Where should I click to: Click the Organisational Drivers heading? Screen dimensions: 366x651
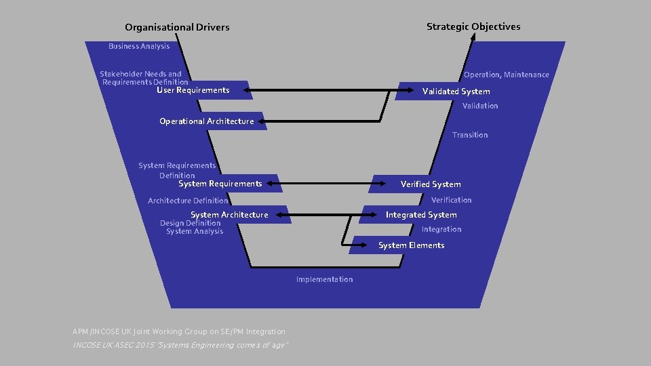click(x=177, y=27)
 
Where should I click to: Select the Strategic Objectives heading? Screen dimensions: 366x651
click(x=473, y=26)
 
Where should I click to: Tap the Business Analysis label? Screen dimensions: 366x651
click(x=139, y=46)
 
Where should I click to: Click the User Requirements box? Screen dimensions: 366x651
click(x=193, y=90)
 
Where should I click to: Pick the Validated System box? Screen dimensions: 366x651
click(x=456, y=91)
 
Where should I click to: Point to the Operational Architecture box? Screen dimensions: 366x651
click(x=207, y=121)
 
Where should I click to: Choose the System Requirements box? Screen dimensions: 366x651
click(x=220, y=184)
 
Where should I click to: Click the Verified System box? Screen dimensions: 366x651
click(x=430, y=184)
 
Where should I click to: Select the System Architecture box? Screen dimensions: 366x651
click(x=229, y=215)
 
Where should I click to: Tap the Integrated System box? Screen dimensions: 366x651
click(x=421, y=215)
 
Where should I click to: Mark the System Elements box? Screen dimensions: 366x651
click(x=411, y=245)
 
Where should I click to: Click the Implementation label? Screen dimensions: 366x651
click(x=324, y=279)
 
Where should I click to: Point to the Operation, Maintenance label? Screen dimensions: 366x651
click(x=506, y=75)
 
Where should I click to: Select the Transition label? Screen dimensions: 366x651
click(x=470, y=135)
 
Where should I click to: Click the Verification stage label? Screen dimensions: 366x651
click(x=451, y=200)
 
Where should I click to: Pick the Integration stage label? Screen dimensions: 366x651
click(x=441, y=229)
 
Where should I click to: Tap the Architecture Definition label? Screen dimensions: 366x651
click(x=188, y=201)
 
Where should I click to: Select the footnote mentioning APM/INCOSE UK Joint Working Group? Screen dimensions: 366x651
click(x=179, y=331)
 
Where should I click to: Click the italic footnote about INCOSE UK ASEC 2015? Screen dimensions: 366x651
click(x=181, y=346)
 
